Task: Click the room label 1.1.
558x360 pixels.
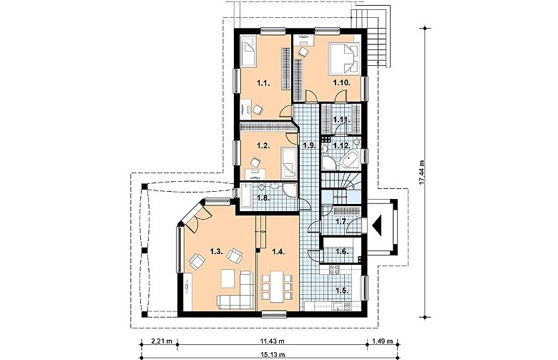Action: (x=264, y=84)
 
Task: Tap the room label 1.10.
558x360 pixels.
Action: (x=342, y=83)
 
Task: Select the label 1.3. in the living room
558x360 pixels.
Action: (x=216, y=252)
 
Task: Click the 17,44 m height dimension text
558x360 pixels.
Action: (x=422, y=172)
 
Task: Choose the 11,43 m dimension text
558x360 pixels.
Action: (x=273, y=341)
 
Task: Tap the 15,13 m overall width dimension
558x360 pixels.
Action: (x=273, y=355)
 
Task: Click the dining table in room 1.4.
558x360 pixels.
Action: (x=277, y=287)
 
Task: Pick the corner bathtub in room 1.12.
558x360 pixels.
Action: (x=351, y=160)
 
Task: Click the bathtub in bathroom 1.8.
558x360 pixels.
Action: (x=245, y=196)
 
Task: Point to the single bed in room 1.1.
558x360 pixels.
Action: (x=249, y=52)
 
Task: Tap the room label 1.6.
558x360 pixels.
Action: (x=342, y=252)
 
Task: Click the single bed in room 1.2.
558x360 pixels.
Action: (x=288, y=163)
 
